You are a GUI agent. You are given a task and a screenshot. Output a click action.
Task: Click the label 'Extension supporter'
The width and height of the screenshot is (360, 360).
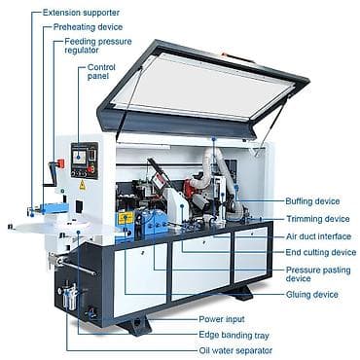[81, 13]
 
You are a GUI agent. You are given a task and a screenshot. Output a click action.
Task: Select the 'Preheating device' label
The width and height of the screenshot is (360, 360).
[88, 27]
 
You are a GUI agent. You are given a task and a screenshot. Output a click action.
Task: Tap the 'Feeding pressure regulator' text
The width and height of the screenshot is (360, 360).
[98, 46]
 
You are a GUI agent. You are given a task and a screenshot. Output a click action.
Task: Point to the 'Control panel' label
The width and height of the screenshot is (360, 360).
[101, 72]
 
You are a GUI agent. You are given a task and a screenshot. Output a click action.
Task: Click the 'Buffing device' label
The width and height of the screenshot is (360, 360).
[312, 201]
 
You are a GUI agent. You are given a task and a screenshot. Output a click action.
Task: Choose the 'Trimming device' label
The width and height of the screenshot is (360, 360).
[318, 219]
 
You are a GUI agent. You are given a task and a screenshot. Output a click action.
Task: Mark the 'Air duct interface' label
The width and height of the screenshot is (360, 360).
[318, 236]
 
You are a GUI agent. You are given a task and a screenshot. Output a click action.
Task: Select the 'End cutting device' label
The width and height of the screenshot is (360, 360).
[321, 252]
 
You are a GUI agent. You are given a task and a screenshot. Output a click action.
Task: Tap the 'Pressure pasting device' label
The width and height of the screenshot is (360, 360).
[318, 274]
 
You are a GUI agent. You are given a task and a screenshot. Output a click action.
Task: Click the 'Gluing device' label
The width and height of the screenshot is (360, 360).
[312, 295]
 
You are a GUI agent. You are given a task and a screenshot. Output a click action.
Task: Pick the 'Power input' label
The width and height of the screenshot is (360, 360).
[222, 319]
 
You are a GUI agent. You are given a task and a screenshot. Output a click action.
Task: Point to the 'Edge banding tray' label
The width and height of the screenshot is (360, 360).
[234, 335]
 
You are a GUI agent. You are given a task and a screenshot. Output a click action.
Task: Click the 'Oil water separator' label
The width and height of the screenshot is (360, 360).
[235, 350]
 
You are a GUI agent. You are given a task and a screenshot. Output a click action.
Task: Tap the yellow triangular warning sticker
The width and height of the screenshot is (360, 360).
[83, 185]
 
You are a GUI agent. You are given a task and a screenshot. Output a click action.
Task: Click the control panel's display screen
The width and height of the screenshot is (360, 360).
[80, 157]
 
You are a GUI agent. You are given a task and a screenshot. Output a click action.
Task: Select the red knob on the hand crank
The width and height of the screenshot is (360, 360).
[60, 163]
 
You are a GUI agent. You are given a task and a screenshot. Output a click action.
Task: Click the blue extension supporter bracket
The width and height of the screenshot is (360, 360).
[54, 207]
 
